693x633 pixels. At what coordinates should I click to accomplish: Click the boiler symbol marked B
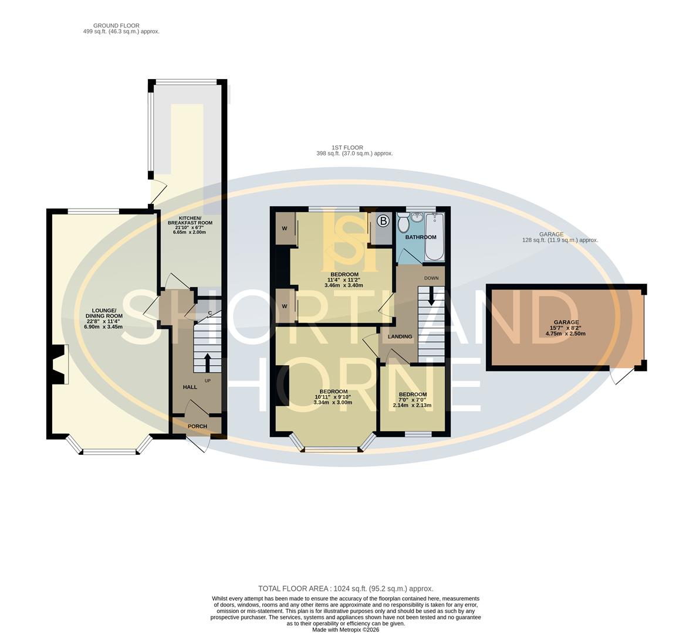tap(383, 221)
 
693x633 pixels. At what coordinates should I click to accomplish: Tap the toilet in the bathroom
tap(403, 223)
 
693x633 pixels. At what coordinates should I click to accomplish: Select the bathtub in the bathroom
tap(435, 237)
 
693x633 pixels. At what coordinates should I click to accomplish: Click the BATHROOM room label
tap(421, 237)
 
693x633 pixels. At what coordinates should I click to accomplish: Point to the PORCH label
tap(197, 426)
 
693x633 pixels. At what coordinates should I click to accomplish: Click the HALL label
tap(190, 387)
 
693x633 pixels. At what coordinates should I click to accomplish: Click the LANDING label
tap(400, 336)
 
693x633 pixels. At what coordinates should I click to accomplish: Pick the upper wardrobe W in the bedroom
tap(284, 229)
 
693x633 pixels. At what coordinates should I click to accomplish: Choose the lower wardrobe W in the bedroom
tap(284, 306)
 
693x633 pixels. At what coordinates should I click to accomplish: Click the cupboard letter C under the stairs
tap(209, 313)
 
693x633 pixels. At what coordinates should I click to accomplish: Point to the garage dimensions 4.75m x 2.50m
tap(566, 333)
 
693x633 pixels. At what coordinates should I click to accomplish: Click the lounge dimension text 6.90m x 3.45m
tap(103, 327)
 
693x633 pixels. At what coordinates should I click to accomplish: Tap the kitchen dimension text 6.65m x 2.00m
tap(190, 232)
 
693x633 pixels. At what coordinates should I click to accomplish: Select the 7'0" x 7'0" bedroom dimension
tap(412, 400)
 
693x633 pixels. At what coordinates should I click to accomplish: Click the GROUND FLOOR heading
tap(116, 26)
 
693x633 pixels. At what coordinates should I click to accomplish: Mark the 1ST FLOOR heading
tap(347, 148)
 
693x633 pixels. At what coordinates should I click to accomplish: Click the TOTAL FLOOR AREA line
tap(346, 588)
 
